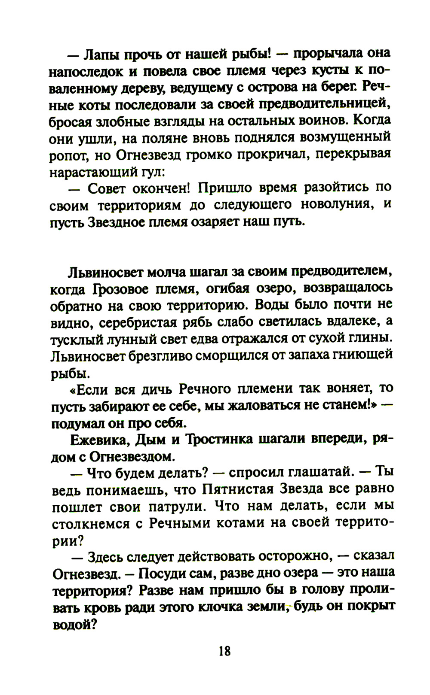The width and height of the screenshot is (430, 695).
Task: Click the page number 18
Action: point(224,651)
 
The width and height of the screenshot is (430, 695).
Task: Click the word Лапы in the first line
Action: point(102,55)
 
